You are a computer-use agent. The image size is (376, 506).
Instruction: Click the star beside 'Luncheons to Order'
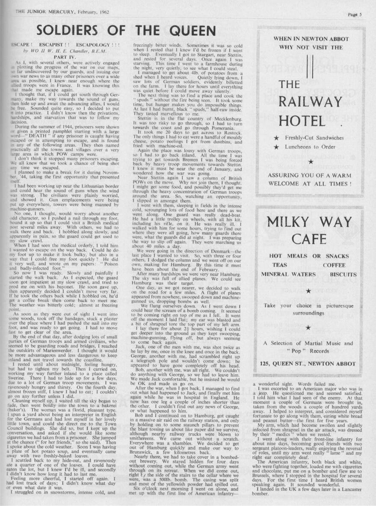pos(277,147)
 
